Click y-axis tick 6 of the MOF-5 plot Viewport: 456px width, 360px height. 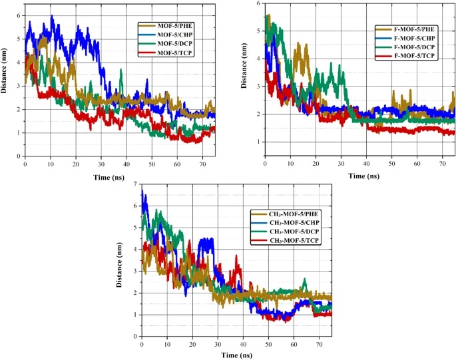coord(19,15)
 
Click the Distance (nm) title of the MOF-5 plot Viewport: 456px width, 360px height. coord(6,85)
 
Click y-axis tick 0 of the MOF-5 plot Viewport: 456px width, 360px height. coord(19,156)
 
